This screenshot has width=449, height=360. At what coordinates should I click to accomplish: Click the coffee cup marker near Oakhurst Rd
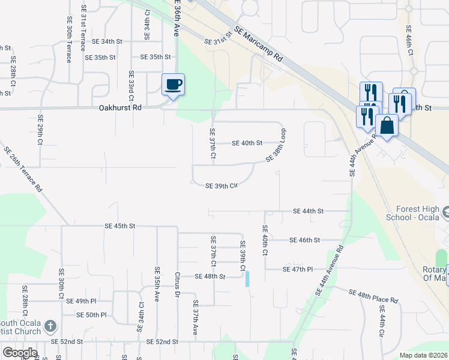pos(173,84)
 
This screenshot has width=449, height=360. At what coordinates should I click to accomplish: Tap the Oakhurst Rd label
pos(120,109)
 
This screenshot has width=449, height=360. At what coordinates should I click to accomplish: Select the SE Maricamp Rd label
pos(259,45)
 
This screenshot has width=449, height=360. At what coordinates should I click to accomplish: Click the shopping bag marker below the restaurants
pos(387,127)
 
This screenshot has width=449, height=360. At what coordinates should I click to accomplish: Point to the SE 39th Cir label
pos(222,186)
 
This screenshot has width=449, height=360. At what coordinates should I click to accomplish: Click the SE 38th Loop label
pos(275,146)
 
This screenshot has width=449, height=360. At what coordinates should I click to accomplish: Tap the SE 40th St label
pos(247,143)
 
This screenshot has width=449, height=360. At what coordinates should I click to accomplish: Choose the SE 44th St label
pos(309,211)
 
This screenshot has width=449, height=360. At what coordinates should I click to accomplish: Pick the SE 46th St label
pos(305,240)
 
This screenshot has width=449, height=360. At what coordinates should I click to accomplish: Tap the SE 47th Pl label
pos(298,270)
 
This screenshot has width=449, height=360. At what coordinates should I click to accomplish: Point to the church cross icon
pos(50,326)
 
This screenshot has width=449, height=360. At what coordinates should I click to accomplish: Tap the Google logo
pos(20,353)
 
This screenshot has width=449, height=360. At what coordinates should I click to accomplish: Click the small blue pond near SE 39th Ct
pos(247,278)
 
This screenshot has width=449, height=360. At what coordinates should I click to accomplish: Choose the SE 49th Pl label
pos(81,301)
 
